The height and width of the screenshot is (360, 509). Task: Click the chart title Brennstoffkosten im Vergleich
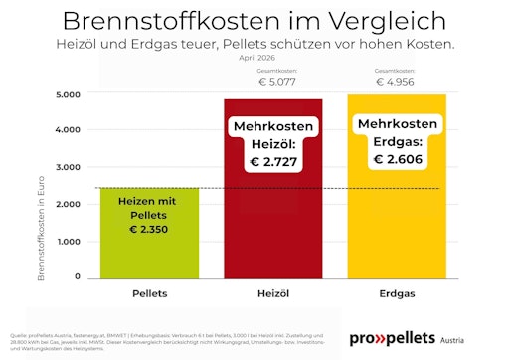pyautogui.click(x=254, y=20)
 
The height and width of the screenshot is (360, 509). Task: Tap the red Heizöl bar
pyautogui.click(x=272, y=219)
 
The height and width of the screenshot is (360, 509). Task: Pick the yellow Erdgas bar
pyautogui.click(x=397, y=219)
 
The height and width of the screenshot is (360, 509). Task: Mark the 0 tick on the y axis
pyautogui.click(x=77, y=277)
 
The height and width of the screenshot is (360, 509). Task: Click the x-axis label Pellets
pyautogui.click(x=150, y=294)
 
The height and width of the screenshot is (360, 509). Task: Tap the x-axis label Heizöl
pyautogui.click(x=272, y=294)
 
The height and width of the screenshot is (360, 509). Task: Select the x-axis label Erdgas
pyautogui.click(x=397, y=294)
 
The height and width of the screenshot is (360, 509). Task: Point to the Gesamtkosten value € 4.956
pyautogui.click(x=397, y=83)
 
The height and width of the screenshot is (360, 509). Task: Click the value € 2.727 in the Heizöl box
pyautogui.click(x=273, y=161)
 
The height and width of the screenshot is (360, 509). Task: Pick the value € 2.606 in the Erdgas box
pyautogui.click(x=397, y=159)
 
